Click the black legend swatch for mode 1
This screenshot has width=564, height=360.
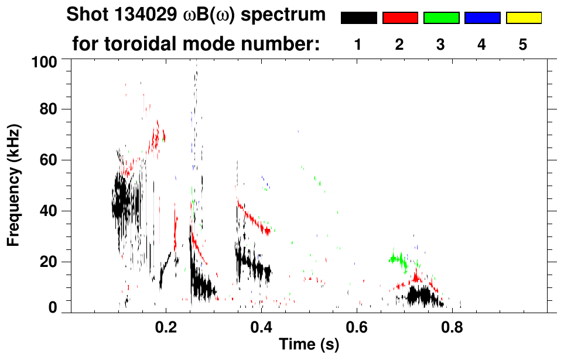click(358, 18)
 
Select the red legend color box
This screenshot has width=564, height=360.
click(400, 18)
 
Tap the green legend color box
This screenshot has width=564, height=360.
click(441, 18)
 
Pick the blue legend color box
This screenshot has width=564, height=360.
click(482, 18)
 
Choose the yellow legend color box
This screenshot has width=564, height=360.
click(523, 18)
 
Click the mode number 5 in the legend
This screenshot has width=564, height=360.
click(523, 45)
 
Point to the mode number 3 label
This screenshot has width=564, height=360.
click(440, 45)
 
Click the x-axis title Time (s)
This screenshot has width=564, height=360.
click(308, 345)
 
